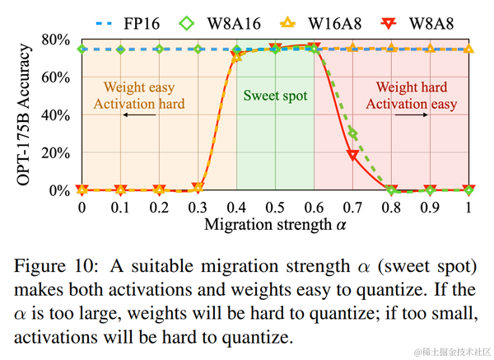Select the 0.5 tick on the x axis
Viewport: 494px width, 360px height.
pyautogui.click(x=275, y=207)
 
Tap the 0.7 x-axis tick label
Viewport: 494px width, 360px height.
pyautogui.click(x=353, y=207)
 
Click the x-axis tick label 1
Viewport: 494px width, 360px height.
pyautogui.click(x=468, y=207)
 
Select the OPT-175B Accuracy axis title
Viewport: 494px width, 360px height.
pyautogui.click(x=18, y=115)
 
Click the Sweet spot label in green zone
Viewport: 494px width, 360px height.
pyautogui.click(x=275, y=96)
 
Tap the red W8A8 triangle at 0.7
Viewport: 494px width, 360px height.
pyautogui.click(x=352, y=155)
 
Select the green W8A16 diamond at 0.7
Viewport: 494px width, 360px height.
pyautogui.click(x=353, y=133)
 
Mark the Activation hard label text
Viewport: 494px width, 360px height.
pyautogui.click(x=138, y=103)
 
